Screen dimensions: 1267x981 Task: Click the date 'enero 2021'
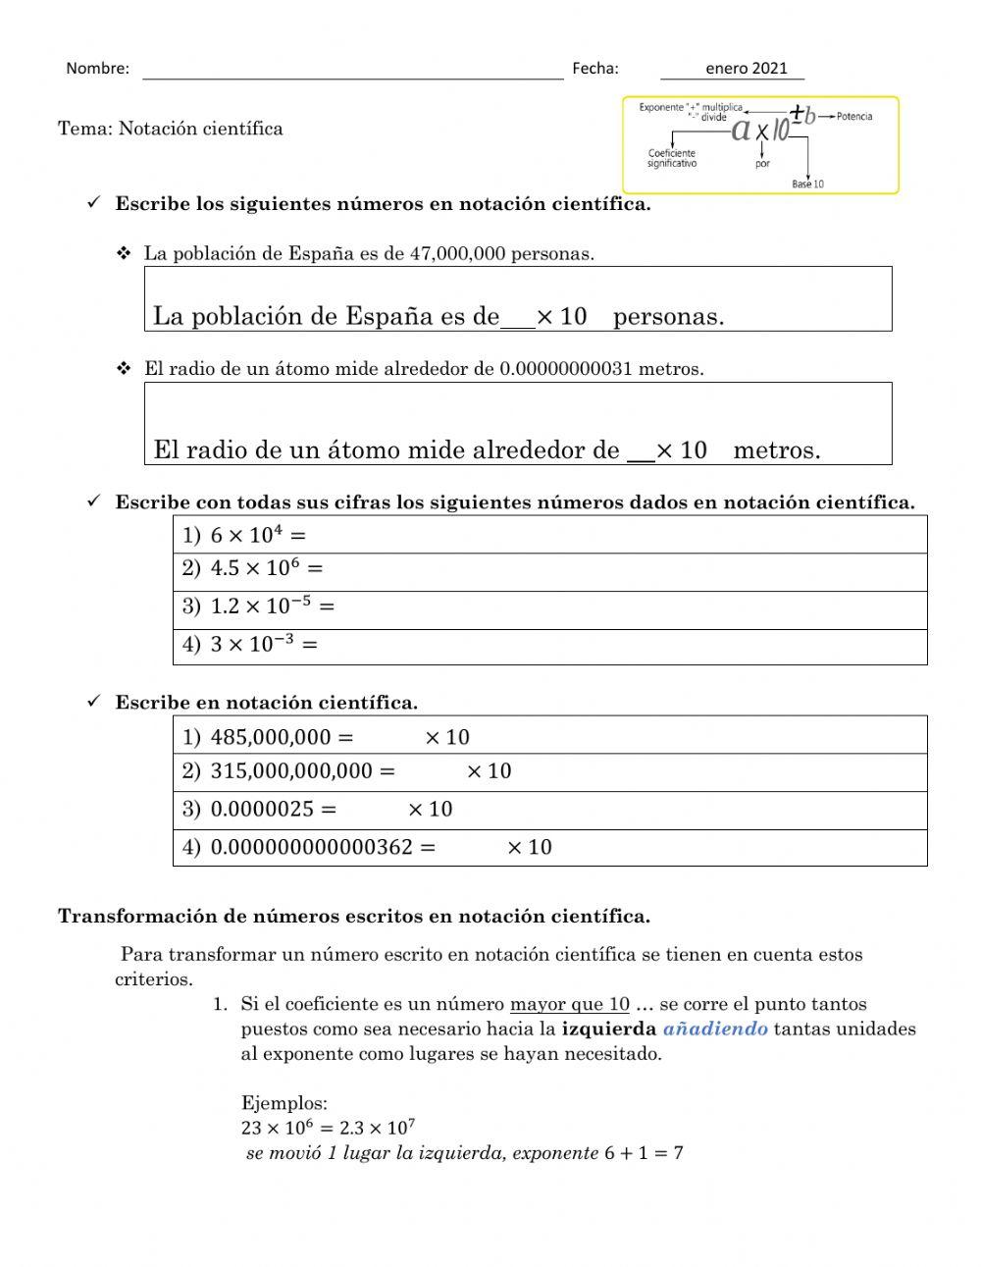coord(746,68)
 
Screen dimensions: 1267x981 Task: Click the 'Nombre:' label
coord(97,69)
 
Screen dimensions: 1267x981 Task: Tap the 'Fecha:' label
coord(594,68)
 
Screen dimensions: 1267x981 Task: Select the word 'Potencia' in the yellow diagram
coord(853,116)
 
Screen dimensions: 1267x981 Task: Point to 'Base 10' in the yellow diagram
coord(807,184)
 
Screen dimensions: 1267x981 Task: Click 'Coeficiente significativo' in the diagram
coord(672,158)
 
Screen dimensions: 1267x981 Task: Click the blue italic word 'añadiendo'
coord(715,1029)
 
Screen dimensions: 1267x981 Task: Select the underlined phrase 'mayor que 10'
coord(569,1004)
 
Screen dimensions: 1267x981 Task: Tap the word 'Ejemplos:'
coord(284,1103)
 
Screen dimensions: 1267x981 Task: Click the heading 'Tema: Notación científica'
coord(171,129)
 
